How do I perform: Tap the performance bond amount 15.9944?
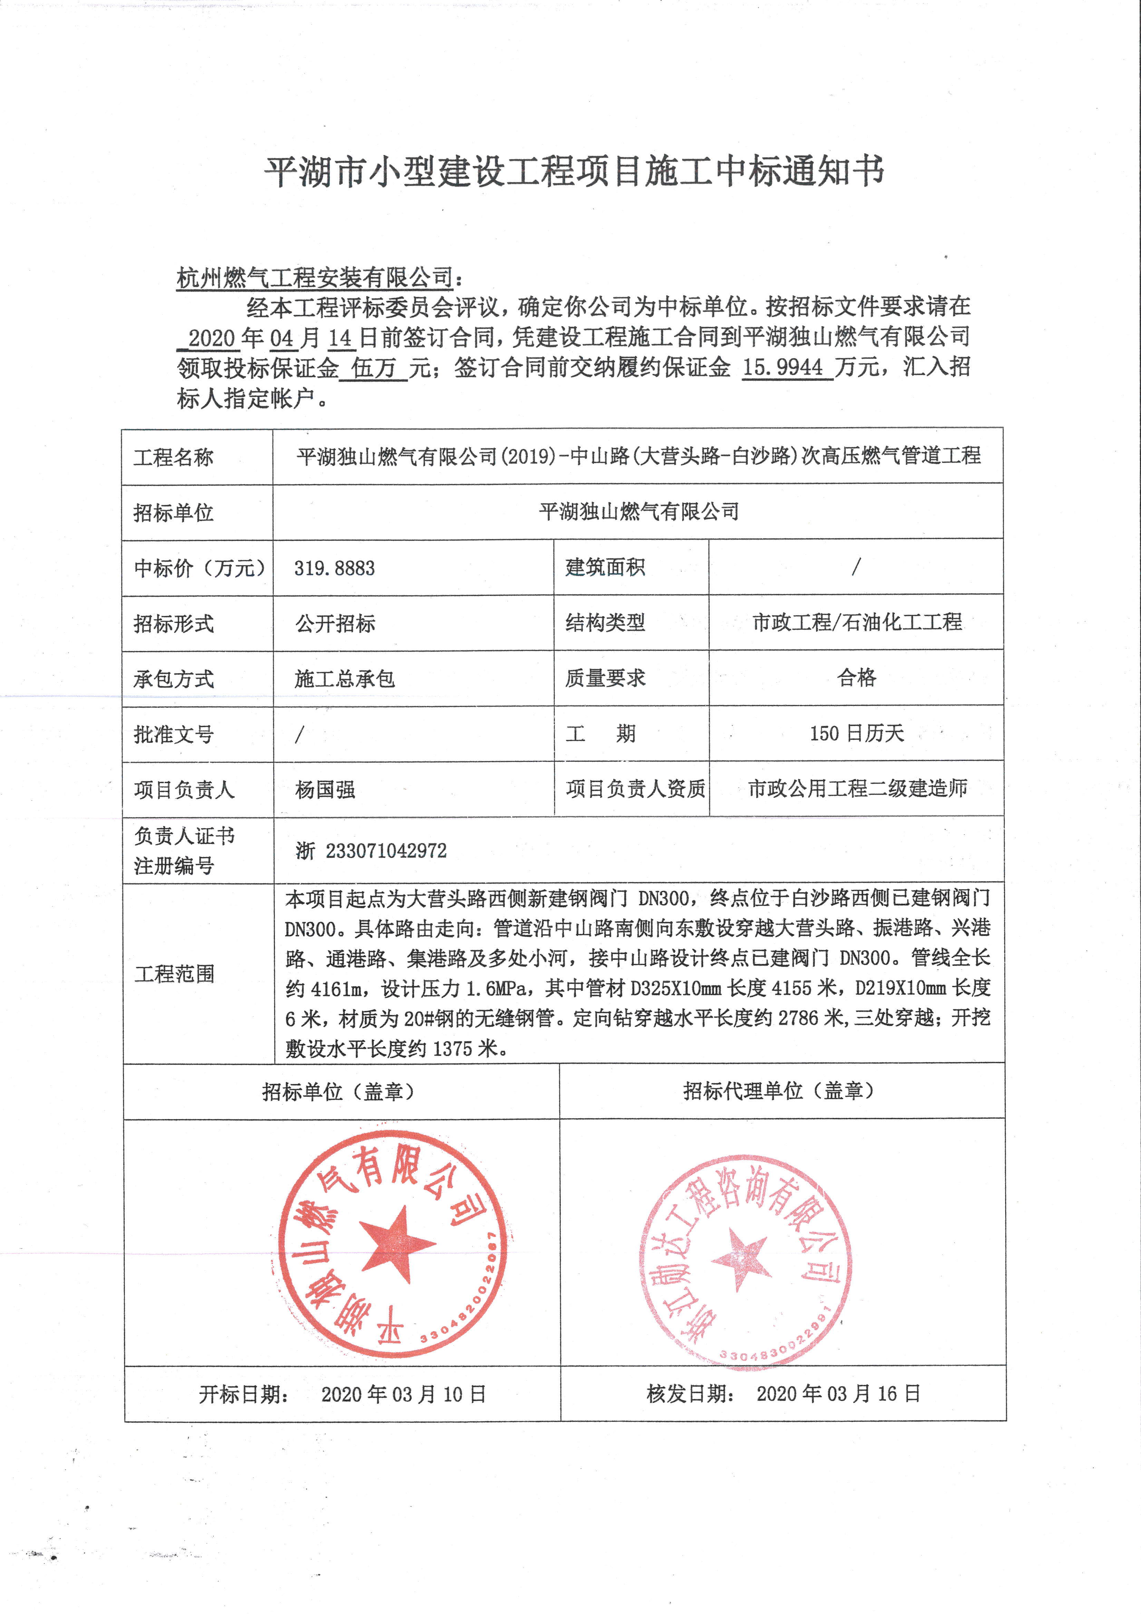point(782,367)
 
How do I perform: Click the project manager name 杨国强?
point(325,789)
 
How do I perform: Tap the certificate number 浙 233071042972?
point(370,850)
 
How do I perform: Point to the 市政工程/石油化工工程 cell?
point(856,622)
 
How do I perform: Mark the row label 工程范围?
point(174,974)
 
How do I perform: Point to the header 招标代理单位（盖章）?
point(778,1091)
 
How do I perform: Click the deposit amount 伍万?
point(373,367)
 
